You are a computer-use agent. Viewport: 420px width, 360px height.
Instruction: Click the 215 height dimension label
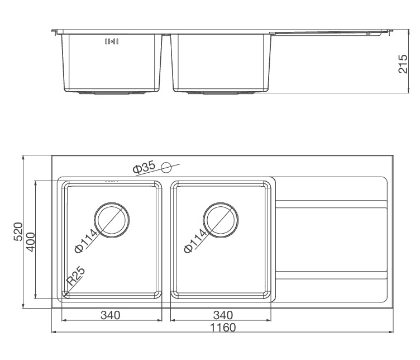tap(403, 64)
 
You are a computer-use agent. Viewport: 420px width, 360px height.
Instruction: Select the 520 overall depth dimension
tap(18, 231)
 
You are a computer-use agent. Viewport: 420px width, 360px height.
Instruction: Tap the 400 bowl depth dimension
tap(31, 242)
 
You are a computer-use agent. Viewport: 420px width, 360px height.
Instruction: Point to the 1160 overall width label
tap(223, 328)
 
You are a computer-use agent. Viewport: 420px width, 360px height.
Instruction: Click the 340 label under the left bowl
tap(111, 315)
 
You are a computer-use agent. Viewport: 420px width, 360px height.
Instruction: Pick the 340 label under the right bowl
tap(223, 315)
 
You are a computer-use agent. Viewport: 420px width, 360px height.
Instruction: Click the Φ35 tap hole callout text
tap(144, 167)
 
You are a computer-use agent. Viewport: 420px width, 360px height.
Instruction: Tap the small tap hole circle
tap(166, 168)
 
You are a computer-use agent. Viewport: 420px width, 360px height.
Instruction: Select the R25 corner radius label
tap(75, 276)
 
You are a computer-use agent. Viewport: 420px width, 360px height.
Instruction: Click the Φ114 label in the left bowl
tap(85, 241)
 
